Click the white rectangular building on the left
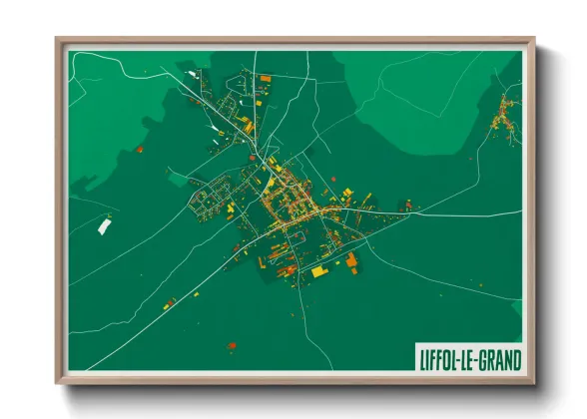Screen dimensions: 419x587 104,226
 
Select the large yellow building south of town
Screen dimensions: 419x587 318,270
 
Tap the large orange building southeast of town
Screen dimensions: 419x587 351,261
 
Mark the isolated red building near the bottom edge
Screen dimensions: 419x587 232,345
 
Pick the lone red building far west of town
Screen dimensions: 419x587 140,150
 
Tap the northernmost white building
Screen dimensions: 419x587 192,72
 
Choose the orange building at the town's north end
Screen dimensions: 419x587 265,78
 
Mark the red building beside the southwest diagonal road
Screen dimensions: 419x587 170,300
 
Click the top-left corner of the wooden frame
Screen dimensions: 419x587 58,41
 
